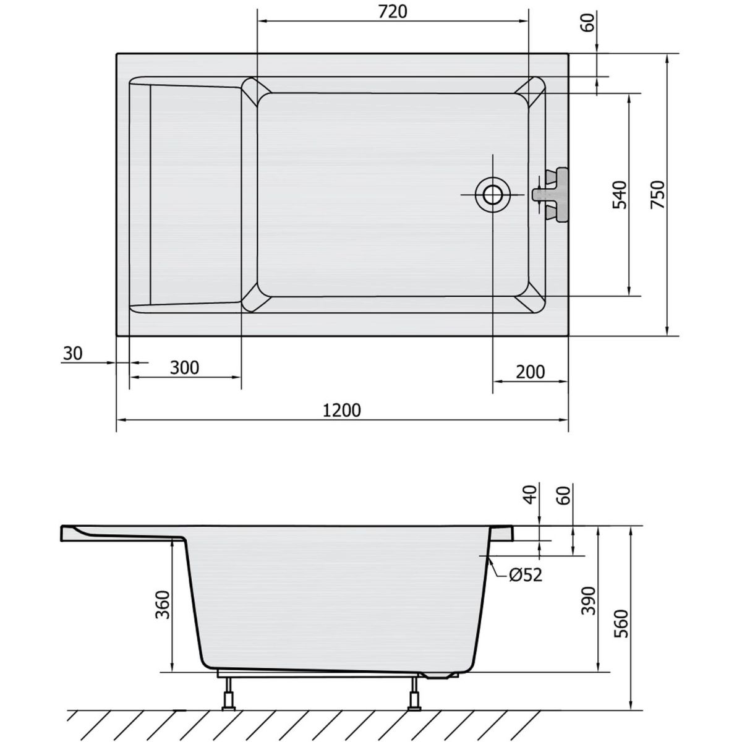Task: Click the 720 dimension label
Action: click(393, 12)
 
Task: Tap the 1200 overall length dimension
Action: click(341, 411)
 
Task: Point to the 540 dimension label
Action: click(620, 195)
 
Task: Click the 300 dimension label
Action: click(184, 368)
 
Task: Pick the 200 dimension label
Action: click(530, 372)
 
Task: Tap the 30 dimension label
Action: click(73, 353)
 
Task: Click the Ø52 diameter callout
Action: click(526, 586)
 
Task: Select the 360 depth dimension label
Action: click(163, 605)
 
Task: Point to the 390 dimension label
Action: click(588, 601)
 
